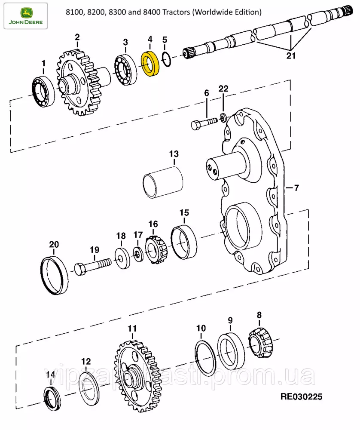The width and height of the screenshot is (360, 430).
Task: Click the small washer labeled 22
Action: point(223,117)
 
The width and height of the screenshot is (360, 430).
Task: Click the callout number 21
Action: point(292,55)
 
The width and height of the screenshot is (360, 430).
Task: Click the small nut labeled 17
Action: point(138,254)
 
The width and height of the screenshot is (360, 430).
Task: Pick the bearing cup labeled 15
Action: point(184,243)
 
